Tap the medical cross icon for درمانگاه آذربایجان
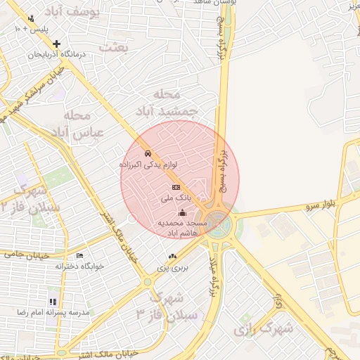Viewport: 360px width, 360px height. (57, 44)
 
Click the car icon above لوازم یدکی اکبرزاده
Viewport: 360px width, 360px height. (148, 153)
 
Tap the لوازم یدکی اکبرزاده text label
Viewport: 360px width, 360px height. (148, 165)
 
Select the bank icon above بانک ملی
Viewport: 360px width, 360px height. (176, 187)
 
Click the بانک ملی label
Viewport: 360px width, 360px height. (175, 199)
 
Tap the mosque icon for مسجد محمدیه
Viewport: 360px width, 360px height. (183, 212)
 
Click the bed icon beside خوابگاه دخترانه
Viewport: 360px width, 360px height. (79, 255)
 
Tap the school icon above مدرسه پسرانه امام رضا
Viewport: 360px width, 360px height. (53, 301)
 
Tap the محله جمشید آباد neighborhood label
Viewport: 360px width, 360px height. (176, 103)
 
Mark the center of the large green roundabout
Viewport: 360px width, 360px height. (218, 224)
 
